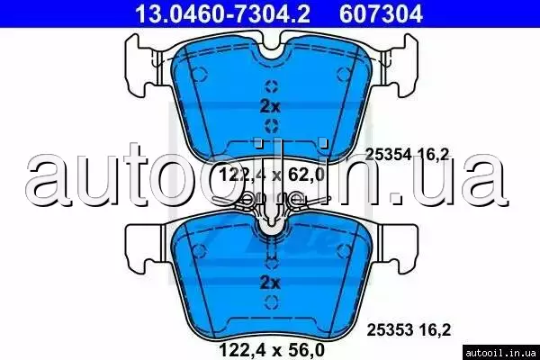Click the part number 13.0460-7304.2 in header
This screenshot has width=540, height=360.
click(223, 13)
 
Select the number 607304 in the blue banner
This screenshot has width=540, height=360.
click(381, 13)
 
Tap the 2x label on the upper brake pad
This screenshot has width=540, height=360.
click(270, 106)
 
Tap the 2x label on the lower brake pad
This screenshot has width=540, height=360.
click(270, 283)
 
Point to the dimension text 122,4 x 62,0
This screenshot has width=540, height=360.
click(272, 175)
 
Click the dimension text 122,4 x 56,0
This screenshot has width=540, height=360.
click(272, 350)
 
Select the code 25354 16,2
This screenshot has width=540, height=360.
click(408, 154)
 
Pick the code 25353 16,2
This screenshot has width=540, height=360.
click(409, 330)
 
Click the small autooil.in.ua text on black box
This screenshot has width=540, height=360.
click(500, 353)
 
